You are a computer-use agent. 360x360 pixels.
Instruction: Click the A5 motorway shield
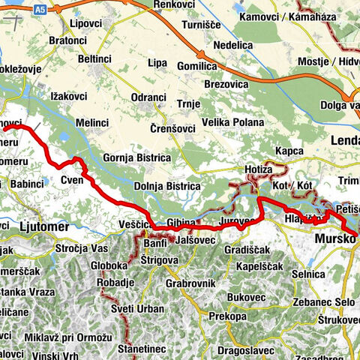[40, 8]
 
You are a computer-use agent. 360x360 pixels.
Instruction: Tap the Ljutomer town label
[44, 226]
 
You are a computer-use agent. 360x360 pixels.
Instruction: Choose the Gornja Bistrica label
[137, 158]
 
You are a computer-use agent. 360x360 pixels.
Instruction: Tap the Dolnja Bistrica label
[167, 186]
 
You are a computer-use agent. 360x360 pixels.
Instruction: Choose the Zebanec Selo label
[323, 301]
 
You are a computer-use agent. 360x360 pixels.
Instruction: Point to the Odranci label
[149, 97]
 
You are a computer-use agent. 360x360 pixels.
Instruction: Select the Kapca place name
[289, 151]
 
